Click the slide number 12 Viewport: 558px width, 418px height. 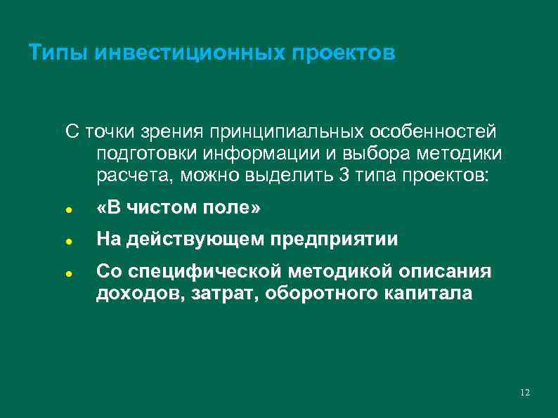(525, 392)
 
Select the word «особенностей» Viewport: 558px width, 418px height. (433, 131)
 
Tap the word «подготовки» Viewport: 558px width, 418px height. (143, 152)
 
